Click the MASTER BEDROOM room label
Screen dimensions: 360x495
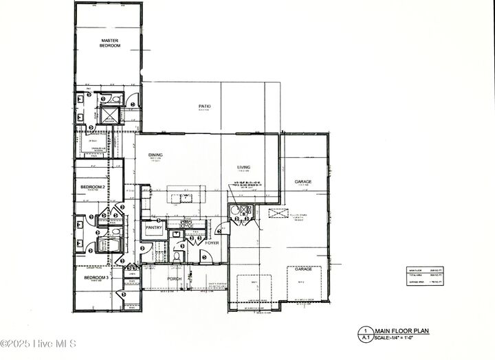coord(111,43)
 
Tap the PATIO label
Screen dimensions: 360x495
coord(204,106)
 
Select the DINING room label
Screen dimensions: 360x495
coord(155,155)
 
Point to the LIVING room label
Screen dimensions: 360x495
coord(244,167)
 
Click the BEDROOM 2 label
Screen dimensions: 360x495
coord(93,187)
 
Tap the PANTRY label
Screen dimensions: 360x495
coord(153,227)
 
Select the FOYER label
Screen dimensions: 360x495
coord(211,242)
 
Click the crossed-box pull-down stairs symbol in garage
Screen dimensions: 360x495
coord(276,215)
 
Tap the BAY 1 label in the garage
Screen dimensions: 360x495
coord(254,282)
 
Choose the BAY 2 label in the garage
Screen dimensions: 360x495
coord(301,282)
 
